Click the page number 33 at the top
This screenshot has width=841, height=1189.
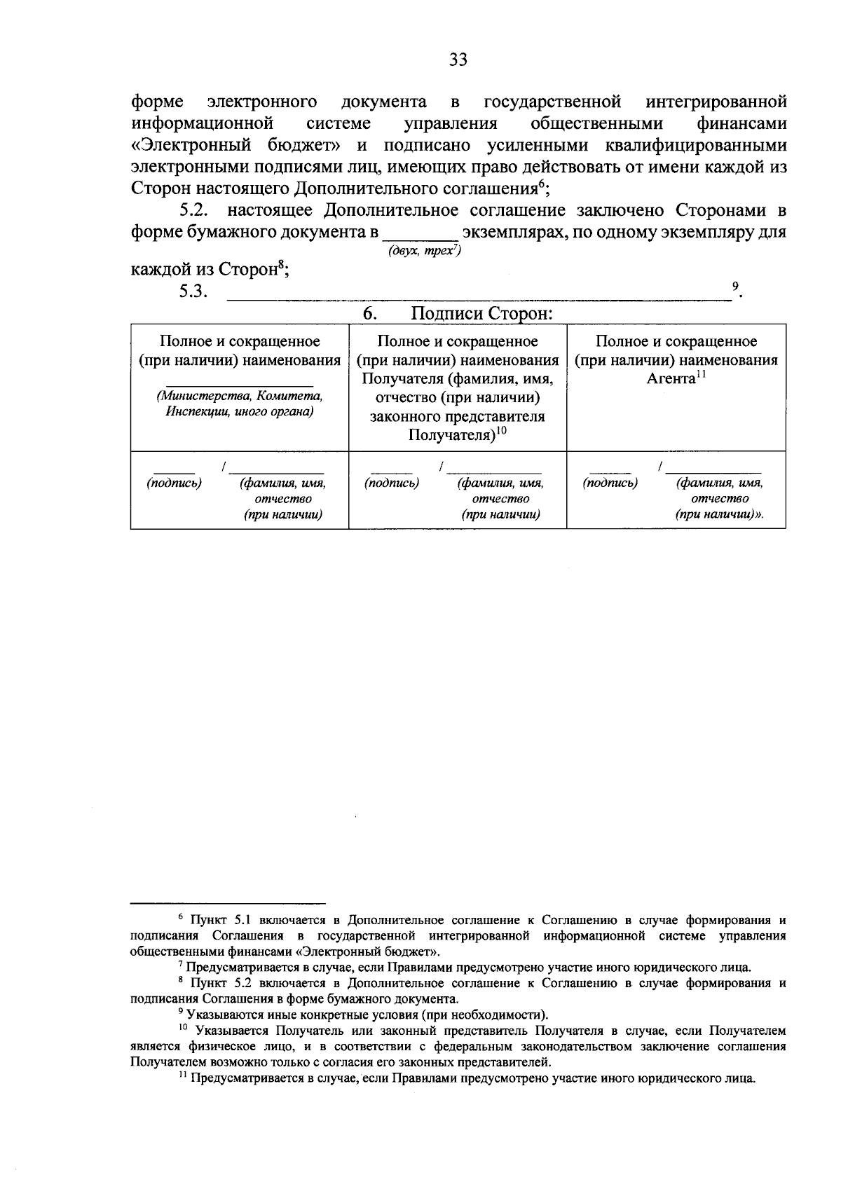458,60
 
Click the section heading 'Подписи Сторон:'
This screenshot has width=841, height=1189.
481,313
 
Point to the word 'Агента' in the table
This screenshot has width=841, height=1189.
670,379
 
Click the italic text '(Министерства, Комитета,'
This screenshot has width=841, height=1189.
240,396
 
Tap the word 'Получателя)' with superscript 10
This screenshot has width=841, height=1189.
451,435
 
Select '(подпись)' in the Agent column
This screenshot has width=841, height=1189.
610,483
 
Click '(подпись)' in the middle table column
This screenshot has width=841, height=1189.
392,483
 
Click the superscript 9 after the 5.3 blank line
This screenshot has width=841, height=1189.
734,286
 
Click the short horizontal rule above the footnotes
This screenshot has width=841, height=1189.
228,902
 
